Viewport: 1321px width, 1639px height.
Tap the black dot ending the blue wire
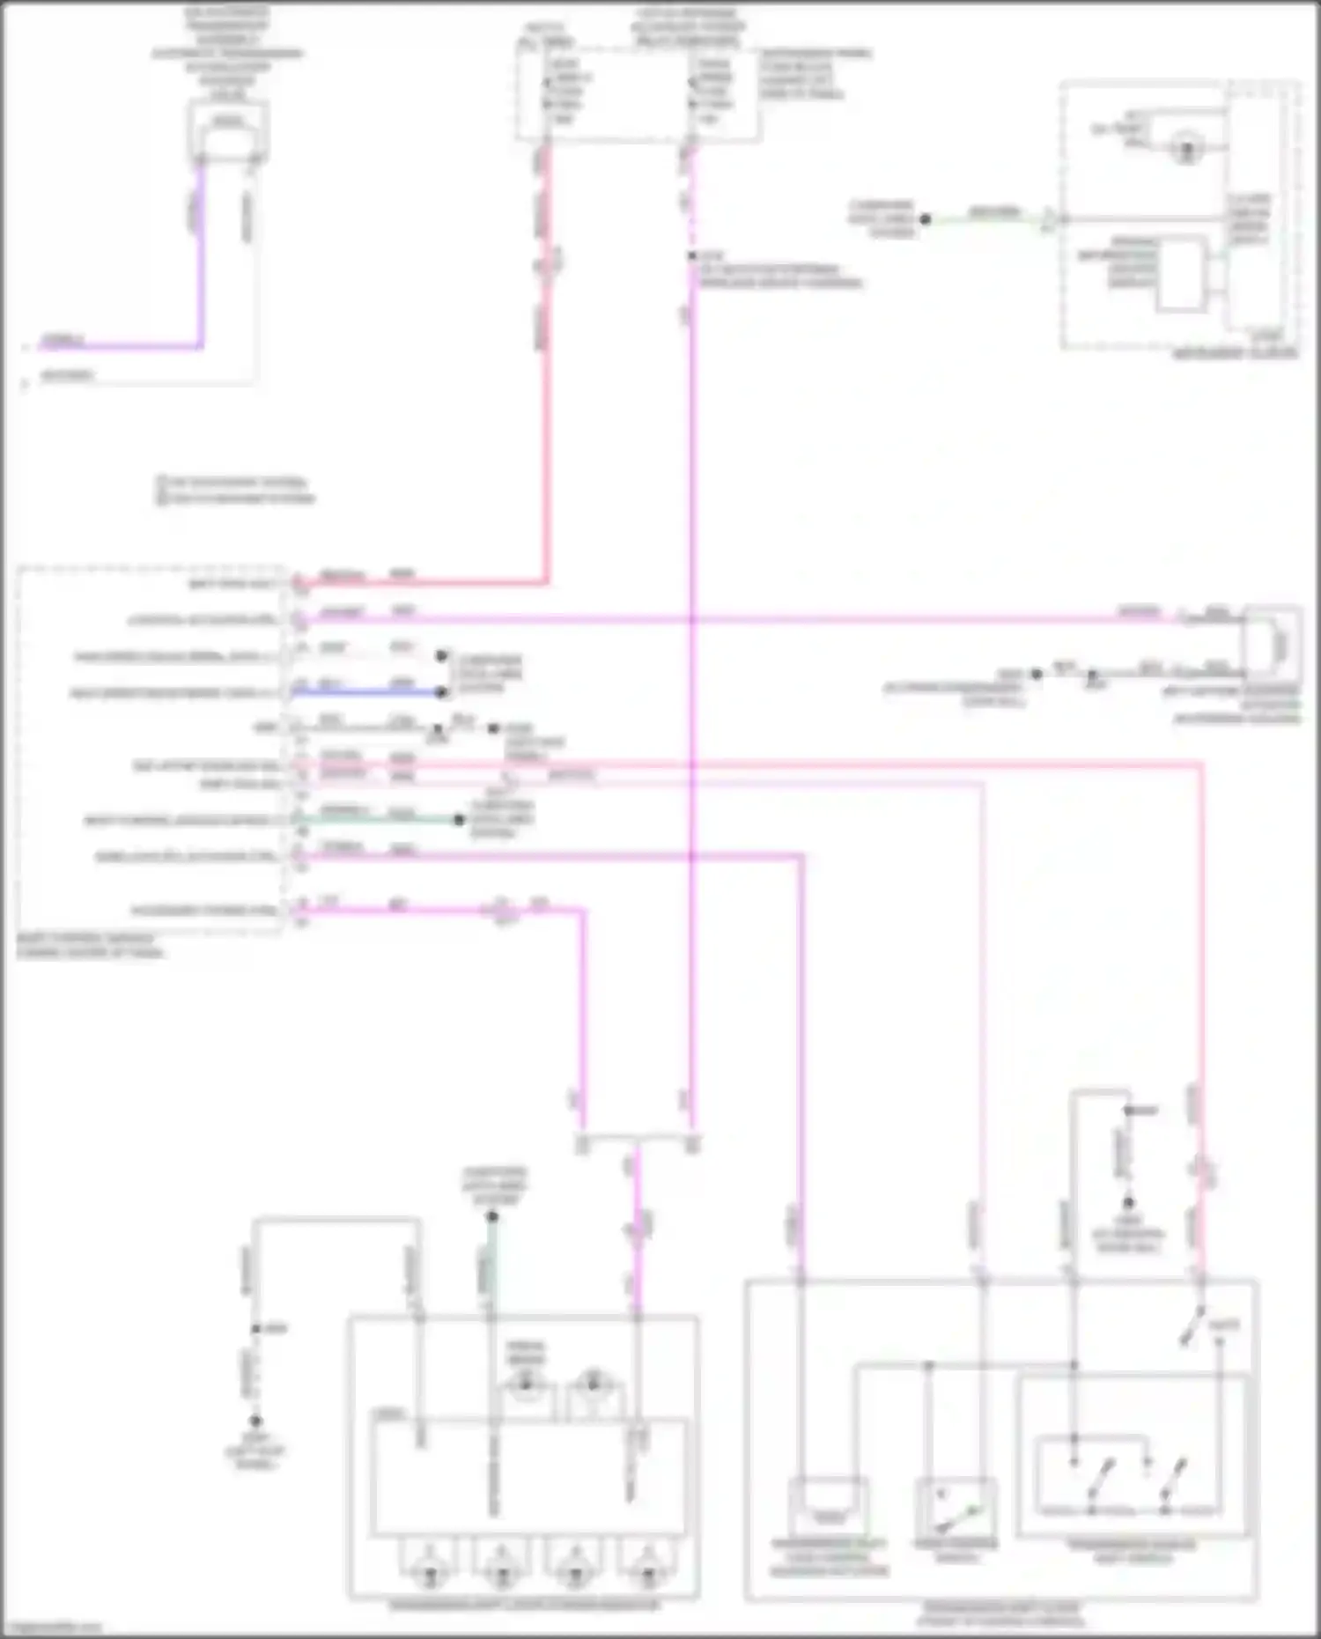pos(442,693)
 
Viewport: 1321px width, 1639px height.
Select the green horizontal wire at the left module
pos(379,820)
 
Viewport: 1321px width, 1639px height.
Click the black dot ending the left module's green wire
pos(459,820)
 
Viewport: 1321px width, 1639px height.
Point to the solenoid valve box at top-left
pos(228,130)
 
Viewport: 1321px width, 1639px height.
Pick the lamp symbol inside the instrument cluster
pos(1186,148)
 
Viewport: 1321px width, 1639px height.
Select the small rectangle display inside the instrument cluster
pos(1181,275)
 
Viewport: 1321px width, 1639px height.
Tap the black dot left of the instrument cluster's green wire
pos(926,219)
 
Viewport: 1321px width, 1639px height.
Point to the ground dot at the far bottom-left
pos(255,1421)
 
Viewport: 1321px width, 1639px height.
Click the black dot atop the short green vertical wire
pos(493,1216)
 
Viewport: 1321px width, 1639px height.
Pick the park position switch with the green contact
pos(956,1508)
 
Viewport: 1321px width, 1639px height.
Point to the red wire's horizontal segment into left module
pos(423,582)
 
